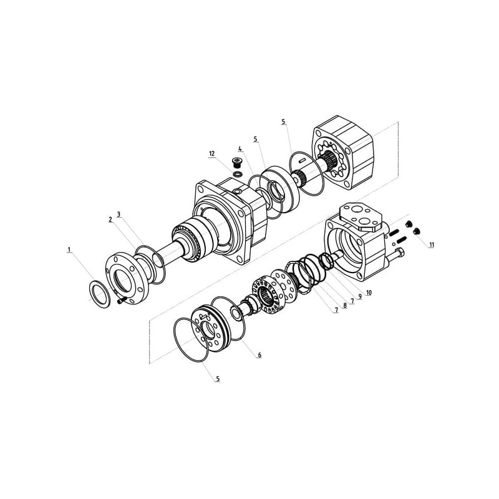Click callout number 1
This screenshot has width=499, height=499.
(69, 250)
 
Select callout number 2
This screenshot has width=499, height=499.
(110, 220)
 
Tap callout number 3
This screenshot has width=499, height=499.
(119, 214)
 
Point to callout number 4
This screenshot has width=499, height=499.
(240, 148)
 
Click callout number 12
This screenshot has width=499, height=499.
(211, 153)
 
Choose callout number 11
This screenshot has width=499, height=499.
(432, 245)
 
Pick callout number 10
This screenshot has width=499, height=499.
(369, 293)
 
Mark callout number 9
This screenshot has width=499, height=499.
(361, 296)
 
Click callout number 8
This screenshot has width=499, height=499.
(344, 306)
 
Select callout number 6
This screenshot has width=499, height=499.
(259, 355)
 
